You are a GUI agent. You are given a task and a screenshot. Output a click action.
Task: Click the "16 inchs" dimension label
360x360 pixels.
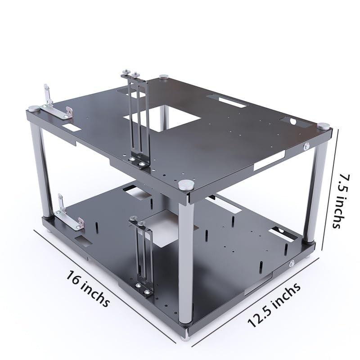pos(88,288)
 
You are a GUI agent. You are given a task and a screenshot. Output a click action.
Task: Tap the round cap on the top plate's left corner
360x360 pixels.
pos(34,108)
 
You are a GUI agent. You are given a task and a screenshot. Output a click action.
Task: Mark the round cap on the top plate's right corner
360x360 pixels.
pos(323,126)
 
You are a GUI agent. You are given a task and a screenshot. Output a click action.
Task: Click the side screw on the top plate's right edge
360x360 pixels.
pos(306,146)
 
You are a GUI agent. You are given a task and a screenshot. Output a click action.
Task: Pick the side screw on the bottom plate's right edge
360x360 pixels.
pos(292,264)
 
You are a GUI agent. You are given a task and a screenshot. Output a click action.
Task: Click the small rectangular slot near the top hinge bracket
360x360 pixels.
pos(72,128)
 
